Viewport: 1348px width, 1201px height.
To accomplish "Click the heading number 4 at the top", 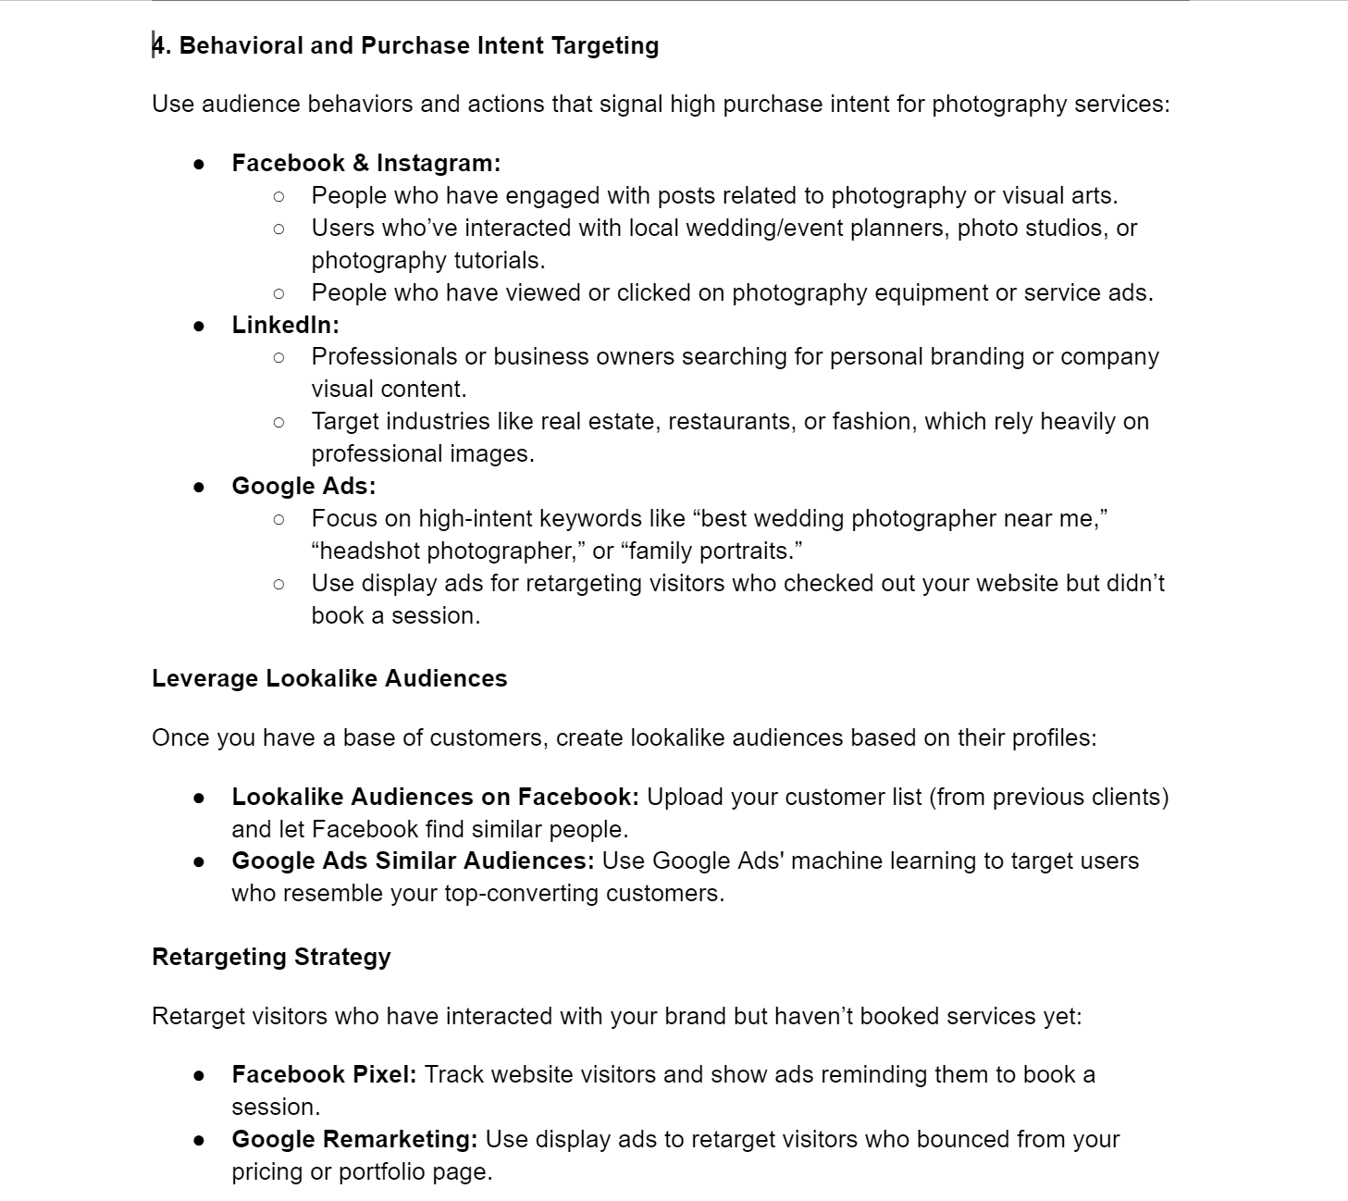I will click(x=159, y=46).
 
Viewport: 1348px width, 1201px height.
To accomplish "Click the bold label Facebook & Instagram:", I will click(x=365, y=164).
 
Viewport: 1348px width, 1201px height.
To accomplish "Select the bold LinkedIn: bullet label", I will click(x=285, y=325).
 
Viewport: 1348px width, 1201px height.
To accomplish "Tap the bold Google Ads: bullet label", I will click(x=303, y=486).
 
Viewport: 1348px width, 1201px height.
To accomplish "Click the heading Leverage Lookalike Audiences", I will click(x=329, y=678).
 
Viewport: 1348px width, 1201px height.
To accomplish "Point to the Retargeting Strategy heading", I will click(x=271, y=957).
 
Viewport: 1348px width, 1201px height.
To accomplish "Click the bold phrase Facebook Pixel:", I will click(x=324, y=1074).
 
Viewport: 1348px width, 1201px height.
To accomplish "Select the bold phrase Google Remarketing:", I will click(x=354, y=1139).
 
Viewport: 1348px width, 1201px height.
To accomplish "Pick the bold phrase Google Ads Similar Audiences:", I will click(x=413, y=861).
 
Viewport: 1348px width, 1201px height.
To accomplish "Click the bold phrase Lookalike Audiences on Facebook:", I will click(x=435, y=797).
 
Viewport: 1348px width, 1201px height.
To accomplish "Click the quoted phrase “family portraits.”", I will click(x=711, y=551).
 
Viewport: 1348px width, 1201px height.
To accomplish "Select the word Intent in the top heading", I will click(x=511, y=46).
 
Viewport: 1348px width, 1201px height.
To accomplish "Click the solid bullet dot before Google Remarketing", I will click(x=199, y=1140).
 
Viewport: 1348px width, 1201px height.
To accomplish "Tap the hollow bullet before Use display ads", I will click(x=278, y=584).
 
